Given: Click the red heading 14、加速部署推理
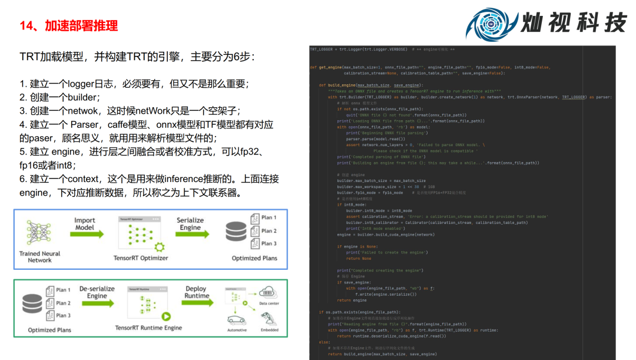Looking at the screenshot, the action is [x=69, y=26].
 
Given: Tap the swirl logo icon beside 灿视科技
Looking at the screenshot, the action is [x=491, y=24].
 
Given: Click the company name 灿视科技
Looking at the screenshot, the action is [x=573, y=23].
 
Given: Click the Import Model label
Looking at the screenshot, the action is [x=84, y=224].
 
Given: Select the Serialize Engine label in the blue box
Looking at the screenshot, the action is [x=190, y=224].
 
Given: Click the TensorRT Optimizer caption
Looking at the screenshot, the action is [x=141, y=258].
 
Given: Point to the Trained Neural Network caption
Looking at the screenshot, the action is [x=39, y=257].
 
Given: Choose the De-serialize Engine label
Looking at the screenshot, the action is [x=97, y=292].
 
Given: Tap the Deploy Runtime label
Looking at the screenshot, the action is [x=197, y=292].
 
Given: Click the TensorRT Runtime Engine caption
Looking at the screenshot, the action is [x=148, y=328].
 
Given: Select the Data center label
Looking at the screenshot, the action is [x=270, y=304].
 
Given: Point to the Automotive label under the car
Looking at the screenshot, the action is [x=237, y=330].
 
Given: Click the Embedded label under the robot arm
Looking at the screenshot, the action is [x=270, y=330].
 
